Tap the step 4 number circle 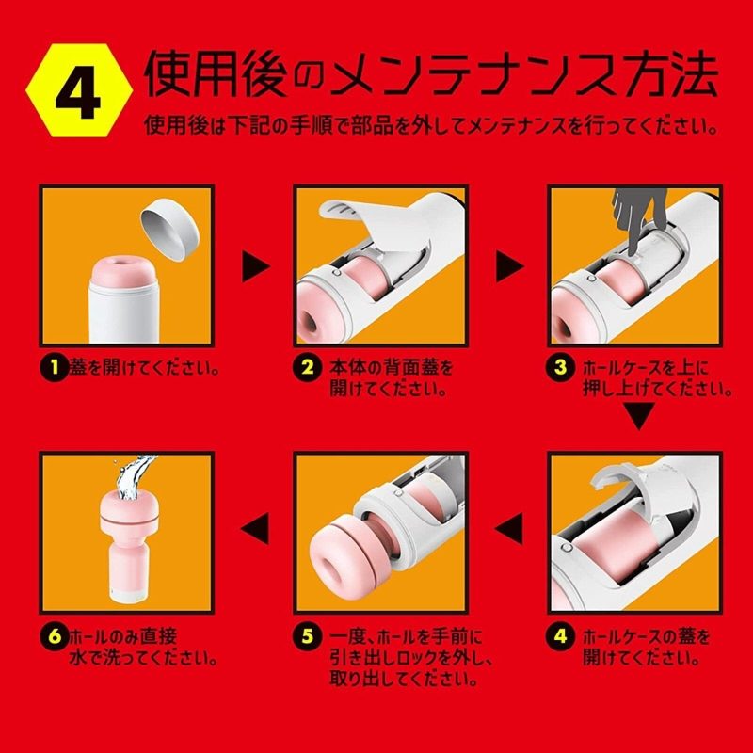coord(561,635)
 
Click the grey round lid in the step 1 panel coord(168,227)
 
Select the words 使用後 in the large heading coord(203,73)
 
